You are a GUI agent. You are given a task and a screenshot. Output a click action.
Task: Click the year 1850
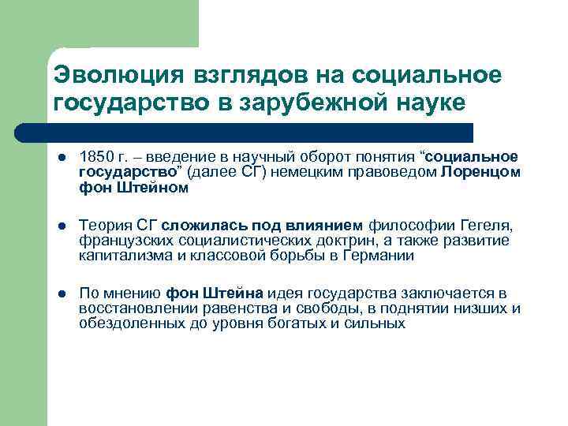[95, 157]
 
